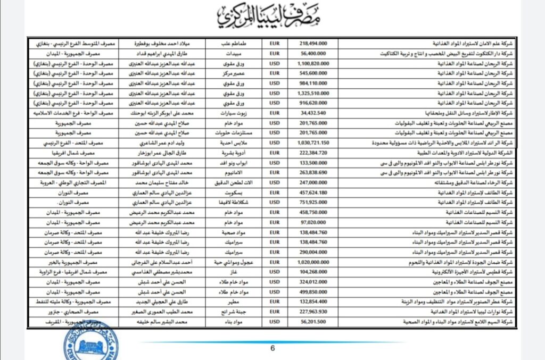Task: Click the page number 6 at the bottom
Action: (x=272, y=348)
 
